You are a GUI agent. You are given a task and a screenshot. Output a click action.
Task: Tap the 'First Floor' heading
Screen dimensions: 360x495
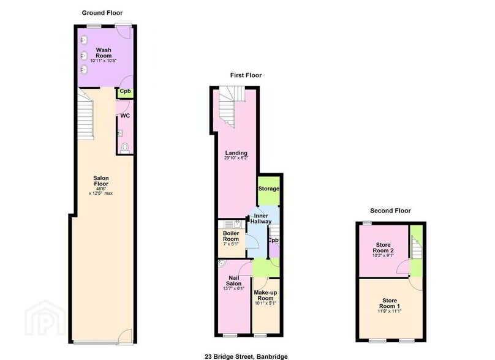[246, 75]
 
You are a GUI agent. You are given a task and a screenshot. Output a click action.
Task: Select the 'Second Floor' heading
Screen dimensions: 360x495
[386, 211]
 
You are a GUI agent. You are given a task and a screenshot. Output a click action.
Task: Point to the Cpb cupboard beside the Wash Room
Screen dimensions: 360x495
[125, 92]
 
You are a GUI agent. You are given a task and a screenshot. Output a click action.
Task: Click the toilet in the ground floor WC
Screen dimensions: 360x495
[126, 146]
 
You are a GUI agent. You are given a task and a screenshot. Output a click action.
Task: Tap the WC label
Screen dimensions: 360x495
[124, 115]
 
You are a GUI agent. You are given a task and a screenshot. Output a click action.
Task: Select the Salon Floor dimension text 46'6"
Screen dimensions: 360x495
[100, 189]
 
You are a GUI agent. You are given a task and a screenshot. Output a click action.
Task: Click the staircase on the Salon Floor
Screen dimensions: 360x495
[85, 116]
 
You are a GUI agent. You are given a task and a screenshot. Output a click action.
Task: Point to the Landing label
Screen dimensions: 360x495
[236, 153]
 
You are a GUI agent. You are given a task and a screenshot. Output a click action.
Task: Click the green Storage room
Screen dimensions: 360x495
[268, 189]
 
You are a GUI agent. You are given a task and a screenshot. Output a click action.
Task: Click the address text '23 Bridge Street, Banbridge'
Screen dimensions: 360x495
[246, 356]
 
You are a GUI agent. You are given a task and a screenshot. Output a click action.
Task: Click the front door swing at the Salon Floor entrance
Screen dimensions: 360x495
[124, 335]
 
